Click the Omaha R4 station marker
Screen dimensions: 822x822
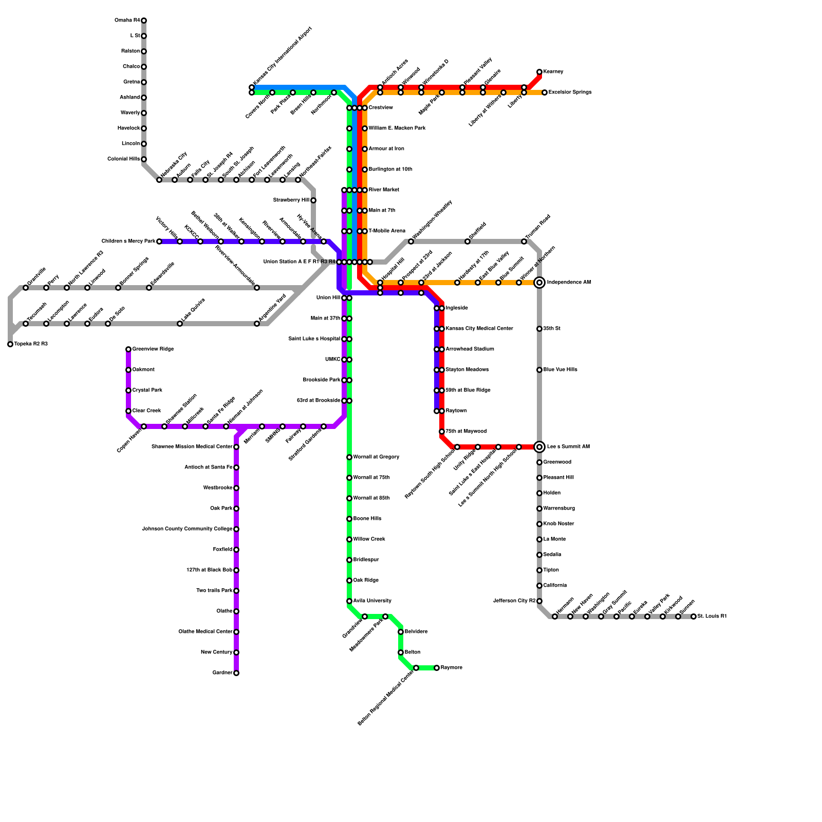tap(144, 21)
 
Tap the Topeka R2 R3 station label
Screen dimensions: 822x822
tap(31, 344)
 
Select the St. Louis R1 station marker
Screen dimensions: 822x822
tap(694, 616)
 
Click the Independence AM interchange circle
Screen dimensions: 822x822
tap(539, 283)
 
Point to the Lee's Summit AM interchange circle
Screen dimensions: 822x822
tap(539, 447)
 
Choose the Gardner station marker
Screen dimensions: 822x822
tap(236, 673)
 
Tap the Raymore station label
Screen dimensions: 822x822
tap(452, 668)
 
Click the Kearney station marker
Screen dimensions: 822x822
tap(539, 72)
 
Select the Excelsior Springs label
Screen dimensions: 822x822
tap(570, 92)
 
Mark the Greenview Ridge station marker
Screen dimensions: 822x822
tap(128, 349)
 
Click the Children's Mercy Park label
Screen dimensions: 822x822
tap(128, 241)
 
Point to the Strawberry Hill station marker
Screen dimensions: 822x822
tap(313, 200)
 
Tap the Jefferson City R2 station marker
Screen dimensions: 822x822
tap(539, 601)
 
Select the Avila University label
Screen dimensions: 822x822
tap(372, 601)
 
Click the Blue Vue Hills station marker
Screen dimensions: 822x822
tap(539, 370)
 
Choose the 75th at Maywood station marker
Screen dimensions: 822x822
tap(442, 432)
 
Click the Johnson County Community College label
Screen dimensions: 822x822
tap(187, 529)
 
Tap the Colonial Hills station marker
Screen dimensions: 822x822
tap(144, 159)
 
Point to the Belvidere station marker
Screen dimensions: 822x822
tap(401, 632)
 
